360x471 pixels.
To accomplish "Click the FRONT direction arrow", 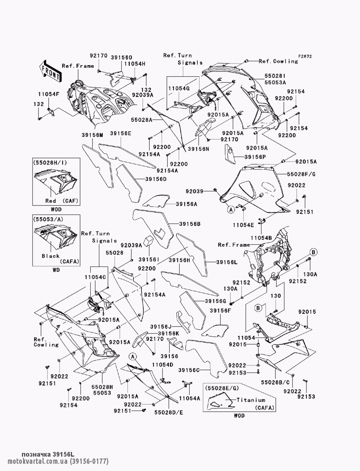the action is click(x=50, y=71).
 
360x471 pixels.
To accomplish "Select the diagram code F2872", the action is click(x=305, y=56).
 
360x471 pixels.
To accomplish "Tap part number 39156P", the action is click(x=255, y=157).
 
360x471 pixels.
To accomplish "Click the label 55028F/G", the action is click(x=301, y=174).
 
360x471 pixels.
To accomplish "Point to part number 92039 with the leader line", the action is click(x=194, y=191).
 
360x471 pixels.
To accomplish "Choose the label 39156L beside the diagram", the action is click(x=227, y=262).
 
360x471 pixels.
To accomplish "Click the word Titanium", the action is click(x=251, y=400).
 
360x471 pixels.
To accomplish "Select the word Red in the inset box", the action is click(x=51, y=201).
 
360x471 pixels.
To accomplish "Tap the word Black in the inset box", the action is click(x=51, y=256).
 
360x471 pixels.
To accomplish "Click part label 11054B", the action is click(x=261, y=238).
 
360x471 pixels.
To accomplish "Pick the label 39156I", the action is click(x=149, y=260).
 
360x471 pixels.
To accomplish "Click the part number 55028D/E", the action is click(x=169, y=412).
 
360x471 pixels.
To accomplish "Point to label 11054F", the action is click(x=49, y=94).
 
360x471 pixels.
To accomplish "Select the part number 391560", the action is click(x=122, y=58).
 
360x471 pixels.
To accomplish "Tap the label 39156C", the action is click(x=189, y=370).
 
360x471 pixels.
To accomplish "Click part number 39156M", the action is click(x=92, y=135).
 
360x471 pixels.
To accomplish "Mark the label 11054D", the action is click(x=163, y=364).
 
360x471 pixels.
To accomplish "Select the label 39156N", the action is click(x=198, y=149).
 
